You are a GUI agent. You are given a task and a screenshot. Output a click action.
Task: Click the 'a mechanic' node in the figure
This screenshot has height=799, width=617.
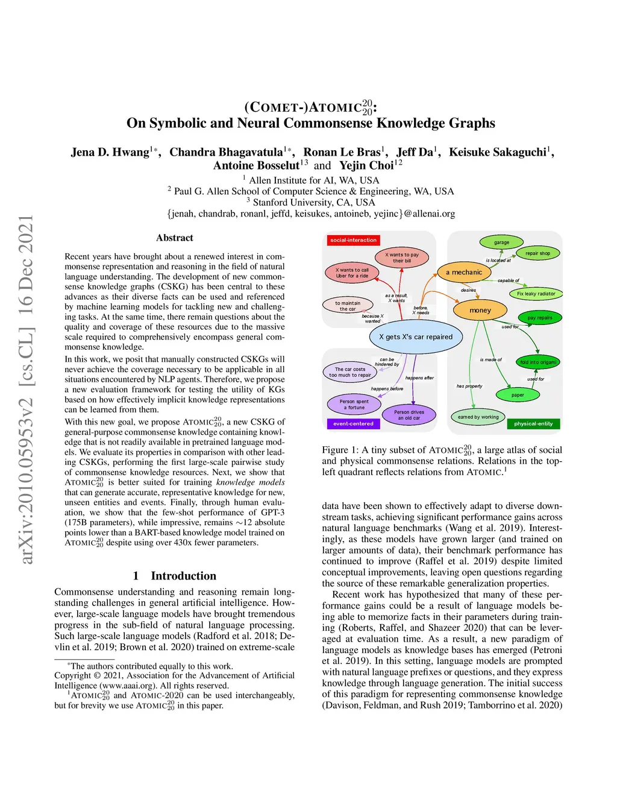[464, 273]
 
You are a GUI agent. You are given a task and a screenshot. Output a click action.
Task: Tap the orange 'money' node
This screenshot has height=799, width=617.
[480, 311]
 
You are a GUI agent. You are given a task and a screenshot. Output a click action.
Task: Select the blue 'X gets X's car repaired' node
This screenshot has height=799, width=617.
[416, 337]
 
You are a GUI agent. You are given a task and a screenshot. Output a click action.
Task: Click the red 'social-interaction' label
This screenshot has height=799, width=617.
[354, 240]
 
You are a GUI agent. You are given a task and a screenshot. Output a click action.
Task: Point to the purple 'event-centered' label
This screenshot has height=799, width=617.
[353, 424]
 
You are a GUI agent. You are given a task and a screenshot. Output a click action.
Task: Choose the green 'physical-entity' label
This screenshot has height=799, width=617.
[533, 424]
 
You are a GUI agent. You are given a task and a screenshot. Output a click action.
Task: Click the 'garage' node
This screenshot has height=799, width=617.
[501, 242]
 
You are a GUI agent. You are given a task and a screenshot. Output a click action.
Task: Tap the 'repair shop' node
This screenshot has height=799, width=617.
[537, 253]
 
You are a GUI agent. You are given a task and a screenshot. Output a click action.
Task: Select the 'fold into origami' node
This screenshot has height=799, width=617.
[538, 362]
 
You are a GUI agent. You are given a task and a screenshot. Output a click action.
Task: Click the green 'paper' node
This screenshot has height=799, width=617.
[518, 395]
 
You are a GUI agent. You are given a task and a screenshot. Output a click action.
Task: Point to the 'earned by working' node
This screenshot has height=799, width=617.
[478, 417]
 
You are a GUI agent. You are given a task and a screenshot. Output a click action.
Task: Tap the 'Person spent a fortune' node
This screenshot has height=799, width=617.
[354, 404]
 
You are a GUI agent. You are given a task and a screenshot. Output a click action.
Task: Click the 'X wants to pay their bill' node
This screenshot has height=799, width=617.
[402, 257]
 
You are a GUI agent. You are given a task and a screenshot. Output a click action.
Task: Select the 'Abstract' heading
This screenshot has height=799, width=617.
[175, 238]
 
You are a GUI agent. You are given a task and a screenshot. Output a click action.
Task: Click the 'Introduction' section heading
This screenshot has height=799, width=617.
[175, 576]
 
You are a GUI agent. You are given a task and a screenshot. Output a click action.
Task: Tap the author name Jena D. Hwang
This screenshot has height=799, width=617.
[110, 152]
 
